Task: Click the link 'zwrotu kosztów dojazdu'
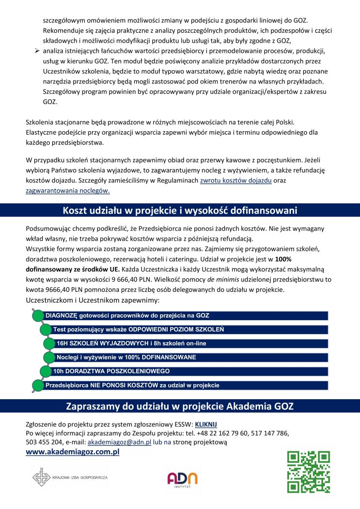235,181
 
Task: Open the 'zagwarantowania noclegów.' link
68,190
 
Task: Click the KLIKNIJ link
206,424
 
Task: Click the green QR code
308,471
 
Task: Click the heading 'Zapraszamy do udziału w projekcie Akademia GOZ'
180,407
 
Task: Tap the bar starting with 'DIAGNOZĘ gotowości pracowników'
184,316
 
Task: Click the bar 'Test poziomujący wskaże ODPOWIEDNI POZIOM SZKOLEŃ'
189,330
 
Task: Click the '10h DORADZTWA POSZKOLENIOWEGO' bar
189,371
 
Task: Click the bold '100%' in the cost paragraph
283,259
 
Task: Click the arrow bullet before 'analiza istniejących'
36,51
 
